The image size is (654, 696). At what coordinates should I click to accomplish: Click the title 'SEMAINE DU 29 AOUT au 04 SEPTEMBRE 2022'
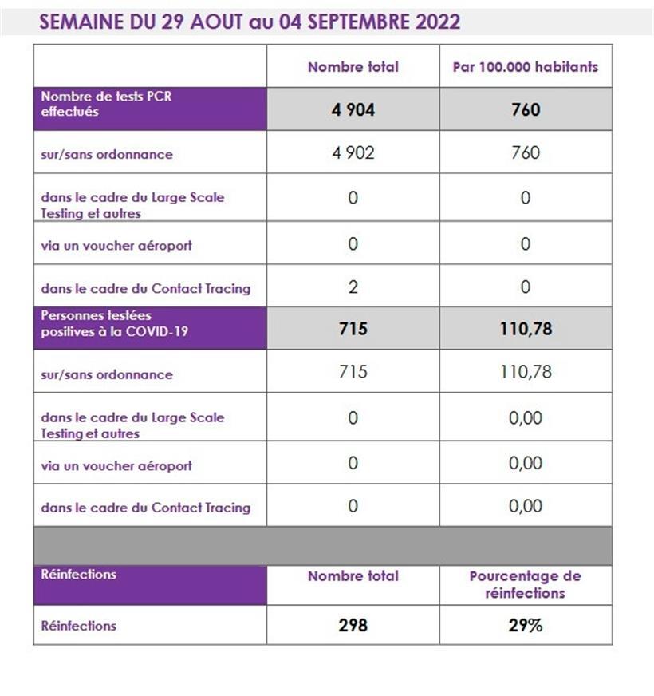coord(249,22)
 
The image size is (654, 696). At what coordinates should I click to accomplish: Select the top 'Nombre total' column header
coord(353,67)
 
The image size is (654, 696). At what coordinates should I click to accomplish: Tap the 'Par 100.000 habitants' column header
coord(525,67)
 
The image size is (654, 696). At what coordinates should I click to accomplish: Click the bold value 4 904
coord(353,110)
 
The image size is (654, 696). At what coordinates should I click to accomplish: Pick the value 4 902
coord(353,152)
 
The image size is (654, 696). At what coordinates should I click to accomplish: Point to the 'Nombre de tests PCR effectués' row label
coord(107,104)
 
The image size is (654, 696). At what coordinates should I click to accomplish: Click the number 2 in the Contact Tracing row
coord(353,287)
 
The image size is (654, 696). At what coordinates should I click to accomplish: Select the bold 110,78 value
coord(526,328)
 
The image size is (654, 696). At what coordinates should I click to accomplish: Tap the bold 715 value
coord(353,328)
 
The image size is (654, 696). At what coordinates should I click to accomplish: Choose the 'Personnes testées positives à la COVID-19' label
coord(115,323)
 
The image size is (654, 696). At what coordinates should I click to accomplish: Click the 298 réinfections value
coord(353,626)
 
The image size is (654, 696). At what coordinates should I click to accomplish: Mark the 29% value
coord(526,626)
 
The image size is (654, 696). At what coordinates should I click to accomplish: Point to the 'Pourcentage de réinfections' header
coord(526,584)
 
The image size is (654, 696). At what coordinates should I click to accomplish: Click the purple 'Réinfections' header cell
coord(78,575)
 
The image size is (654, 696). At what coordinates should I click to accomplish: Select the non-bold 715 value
coord(353,371)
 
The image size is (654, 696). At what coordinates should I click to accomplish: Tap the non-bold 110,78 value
coord(526,371)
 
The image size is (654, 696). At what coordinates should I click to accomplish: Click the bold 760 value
coord(526,110)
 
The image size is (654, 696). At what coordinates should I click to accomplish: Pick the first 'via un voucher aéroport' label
coord(116,246)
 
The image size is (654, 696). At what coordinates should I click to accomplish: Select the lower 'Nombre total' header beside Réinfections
coord(353,576)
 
